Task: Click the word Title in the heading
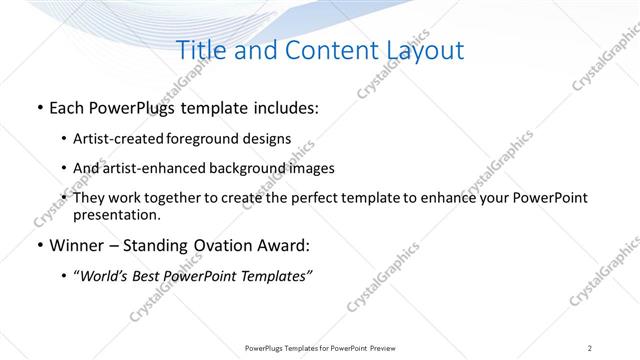(x=199, y=49)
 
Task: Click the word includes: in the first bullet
(x=284, y=108)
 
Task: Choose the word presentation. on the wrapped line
(x=116, y=214)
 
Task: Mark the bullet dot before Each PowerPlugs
(x=38, y=108)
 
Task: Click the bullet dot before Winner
(x=38, y=245)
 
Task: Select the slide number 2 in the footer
(x=590, y=348)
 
